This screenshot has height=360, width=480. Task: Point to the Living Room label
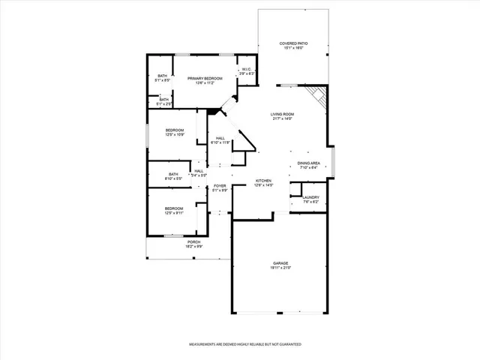pos(282,114)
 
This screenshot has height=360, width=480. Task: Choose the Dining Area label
pos(309,163)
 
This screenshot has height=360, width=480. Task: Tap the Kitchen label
pos(263,181)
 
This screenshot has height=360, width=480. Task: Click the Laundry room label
pos(310,197)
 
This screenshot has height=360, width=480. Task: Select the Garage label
pos(280,263)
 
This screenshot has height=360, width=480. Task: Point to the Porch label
pos(193,241)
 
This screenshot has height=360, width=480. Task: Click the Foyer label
pos(220,185)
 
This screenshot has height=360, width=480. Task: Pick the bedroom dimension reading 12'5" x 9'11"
pos(174,213)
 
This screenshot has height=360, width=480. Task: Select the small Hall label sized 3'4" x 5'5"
pos(199,171)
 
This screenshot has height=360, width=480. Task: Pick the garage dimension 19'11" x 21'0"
pos(280,268)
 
